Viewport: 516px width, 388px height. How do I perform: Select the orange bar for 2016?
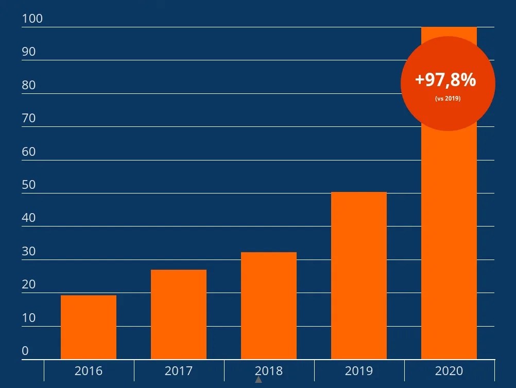[89, 327]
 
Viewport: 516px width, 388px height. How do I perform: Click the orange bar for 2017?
[179, 314]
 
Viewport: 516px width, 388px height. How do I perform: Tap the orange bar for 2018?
[269, 305]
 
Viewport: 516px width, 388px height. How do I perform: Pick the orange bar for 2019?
[359, 276]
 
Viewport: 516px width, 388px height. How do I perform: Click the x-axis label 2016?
[89, 370]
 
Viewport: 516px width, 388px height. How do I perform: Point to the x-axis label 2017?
[179, 370]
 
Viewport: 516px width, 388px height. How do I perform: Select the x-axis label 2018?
[269, 370]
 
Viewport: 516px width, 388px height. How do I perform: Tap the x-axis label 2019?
[359, 370]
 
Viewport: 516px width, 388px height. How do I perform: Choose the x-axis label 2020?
[449, 370]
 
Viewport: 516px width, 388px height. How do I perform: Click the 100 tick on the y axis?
[32, 19]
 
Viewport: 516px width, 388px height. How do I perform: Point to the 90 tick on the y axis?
[29, 52]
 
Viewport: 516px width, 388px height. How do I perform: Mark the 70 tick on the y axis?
[29, 118]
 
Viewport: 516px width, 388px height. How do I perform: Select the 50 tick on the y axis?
[29, 185]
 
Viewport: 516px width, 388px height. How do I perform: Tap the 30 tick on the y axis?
[29, 251]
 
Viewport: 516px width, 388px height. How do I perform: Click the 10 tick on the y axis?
[29, 318]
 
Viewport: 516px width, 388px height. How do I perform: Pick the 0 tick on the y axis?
[25, 351]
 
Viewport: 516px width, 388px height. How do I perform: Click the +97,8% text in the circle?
[445, 80]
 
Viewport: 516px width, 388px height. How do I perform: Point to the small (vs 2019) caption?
[448, 98]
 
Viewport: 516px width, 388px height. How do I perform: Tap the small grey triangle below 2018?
[259, 380]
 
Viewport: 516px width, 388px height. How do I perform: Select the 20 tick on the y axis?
[29, 284]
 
